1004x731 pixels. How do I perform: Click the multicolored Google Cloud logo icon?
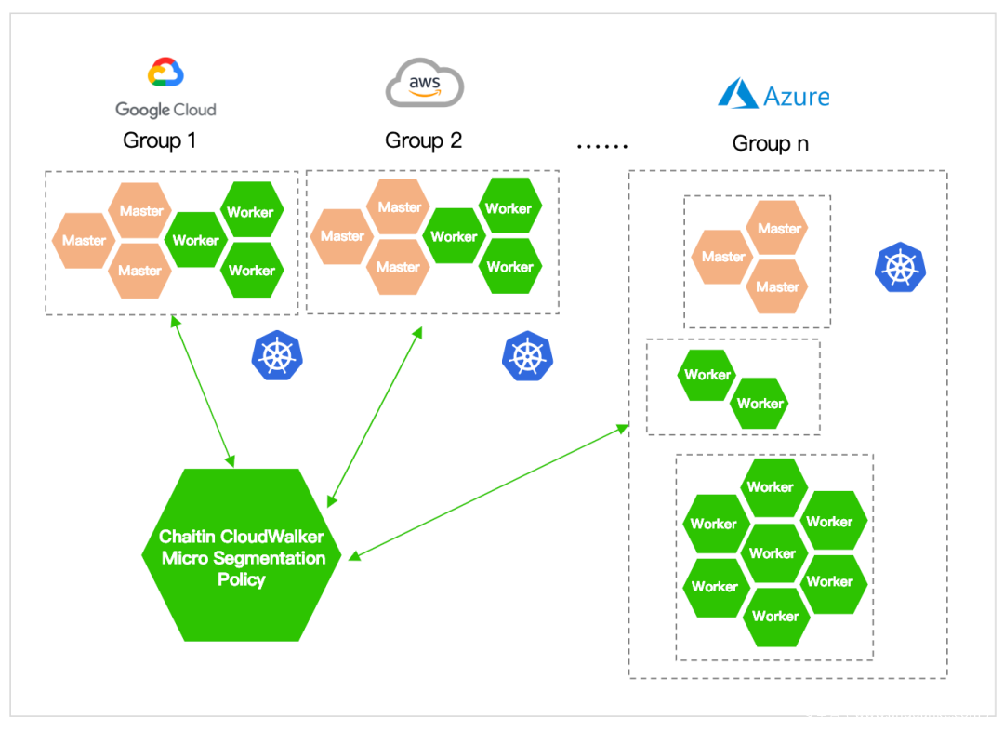(x=165, y=73)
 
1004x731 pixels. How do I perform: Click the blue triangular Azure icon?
(x=737, y=94)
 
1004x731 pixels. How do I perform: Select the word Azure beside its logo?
(x=796, y=96)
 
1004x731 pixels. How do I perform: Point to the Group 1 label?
(x=159, y=141)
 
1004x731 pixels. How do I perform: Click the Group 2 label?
(x=423, y=140)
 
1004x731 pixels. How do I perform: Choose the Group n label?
(x=770, y=143)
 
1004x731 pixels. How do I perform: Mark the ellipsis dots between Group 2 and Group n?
(x=602, y=146)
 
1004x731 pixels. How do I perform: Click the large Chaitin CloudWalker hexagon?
(x=241, y=555)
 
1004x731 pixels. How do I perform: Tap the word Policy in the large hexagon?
(x=242, y=579)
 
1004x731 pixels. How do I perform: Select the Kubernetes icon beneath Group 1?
(x=277, y=355)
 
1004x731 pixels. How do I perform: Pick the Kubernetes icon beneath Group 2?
(x=527, y=356)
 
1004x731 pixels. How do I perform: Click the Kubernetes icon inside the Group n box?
(x=899, y=267)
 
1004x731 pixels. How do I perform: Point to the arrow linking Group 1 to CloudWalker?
(x=203, y=391)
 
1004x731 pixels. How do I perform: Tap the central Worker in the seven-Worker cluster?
(x=773, y=553)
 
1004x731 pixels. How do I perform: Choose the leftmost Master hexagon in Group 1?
(x=84, y=241)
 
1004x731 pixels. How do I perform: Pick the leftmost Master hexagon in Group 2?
(x=342, y=236)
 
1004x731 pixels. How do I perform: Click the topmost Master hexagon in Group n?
(x=779, y=229)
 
